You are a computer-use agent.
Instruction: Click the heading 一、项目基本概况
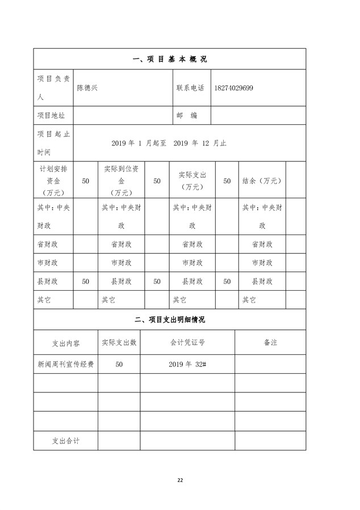pos(169,59)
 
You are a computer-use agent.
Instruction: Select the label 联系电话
pos(190,88)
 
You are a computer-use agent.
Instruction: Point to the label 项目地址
pos(51,115)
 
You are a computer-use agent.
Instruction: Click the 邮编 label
pos(187,115)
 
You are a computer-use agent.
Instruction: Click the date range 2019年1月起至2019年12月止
pos(169,143)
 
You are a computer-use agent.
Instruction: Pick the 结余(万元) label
pos(262,181)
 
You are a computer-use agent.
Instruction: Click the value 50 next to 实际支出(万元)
pos(227,181)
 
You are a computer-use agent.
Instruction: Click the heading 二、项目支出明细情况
pos(169,320)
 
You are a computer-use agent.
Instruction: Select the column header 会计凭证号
pos(187,342)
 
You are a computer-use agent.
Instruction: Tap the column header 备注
pos(270,342)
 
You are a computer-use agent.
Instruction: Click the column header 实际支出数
pos(119,342)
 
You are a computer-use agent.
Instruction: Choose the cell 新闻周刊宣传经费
pos(65,365)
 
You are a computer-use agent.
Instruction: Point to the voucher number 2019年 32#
pos(187,365)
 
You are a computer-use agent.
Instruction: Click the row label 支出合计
pos(65,441)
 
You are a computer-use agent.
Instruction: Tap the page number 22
pos(180,480)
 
